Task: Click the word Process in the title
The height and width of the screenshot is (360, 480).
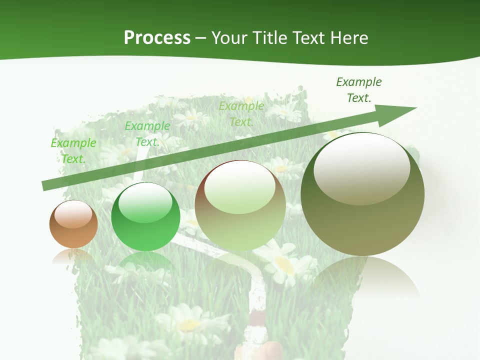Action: pyautogui.click(x=157, y=38)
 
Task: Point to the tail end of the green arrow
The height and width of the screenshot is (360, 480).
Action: pyautogui.click(x=44, y=186)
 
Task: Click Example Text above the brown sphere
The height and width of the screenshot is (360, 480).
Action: pyautogui.click(x=73, y=150)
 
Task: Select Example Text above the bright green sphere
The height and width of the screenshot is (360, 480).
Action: pyautogui.click(x=147, y=133)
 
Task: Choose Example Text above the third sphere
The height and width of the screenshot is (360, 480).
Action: pyautogui.click(x=241, y=113)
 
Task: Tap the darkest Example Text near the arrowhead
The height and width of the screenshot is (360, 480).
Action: pyautogui.click(x=358, y=89)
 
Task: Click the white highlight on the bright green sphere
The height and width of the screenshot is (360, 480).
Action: pyautogui.click(x=145, y=202)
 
